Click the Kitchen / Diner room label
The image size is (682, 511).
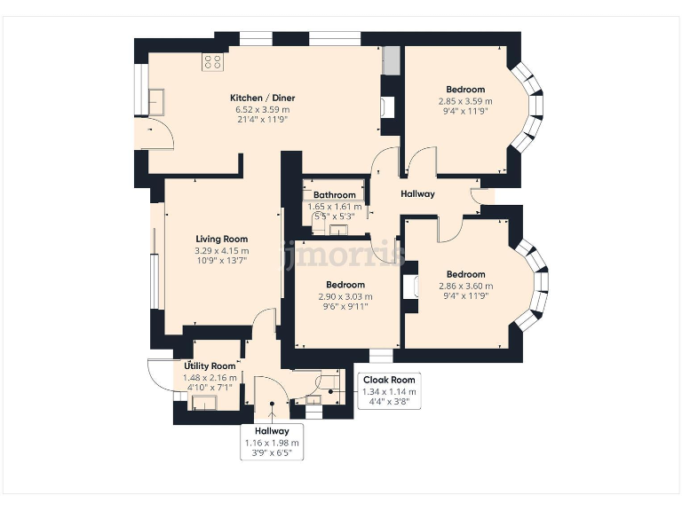coord(262,98)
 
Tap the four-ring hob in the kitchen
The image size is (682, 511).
coord(212,62)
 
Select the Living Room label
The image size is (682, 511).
coord(222,239)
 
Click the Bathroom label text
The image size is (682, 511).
coord(335,195)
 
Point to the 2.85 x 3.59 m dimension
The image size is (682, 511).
coord(465,101)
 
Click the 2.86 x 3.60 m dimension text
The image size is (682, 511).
coord(466,286)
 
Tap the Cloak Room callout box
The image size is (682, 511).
coord(389,390)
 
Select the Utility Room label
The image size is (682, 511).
coord(210,366)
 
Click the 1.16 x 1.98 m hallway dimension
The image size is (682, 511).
coord(272,444)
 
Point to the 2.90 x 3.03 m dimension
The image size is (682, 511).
coord(345,297)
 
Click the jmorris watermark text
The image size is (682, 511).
coord(344,255)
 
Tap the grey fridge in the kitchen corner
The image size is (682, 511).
coord(391,60)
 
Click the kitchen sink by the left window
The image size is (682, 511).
coord(155,102)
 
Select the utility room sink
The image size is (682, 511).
coord(204,403)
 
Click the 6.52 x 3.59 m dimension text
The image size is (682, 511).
coord(262,110)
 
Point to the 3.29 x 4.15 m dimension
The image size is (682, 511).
coord(222,251)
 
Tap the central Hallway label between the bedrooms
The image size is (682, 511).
coord(417,193)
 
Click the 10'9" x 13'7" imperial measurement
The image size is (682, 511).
coord(222,261)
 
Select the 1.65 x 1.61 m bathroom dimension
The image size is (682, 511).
coord(335,207)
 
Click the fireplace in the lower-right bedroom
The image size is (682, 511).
coord(411,287)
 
